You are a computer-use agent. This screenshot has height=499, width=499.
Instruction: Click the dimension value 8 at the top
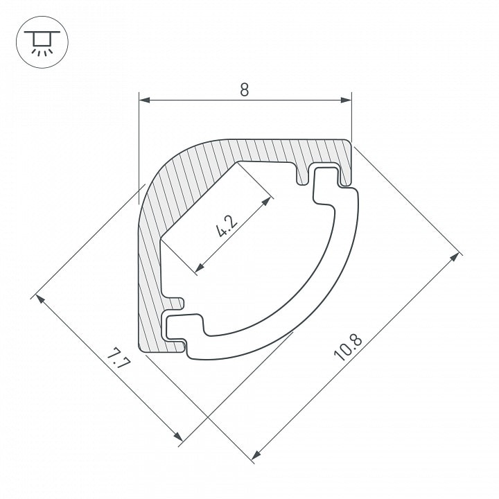click(x=245, y=89)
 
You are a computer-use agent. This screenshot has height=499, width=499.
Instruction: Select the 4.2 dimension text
click(x=227, y=226)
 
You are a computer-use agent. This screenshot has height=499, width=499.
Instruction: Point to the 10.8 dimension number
click(x=348, y=347)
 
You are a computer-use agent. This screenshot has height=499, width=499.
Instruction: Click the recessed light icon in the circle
click(x=42, y=42)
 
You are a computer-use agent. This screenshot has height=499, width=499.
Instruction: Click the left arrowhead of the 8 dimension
click(x=144, y=100)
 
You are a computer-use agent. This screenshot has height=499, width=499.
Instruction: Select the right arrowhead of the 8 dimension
click(x=346, y=100)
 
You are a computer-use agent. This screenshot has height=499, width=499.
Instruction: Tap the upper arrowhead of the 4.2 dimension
click(x=267, y=201)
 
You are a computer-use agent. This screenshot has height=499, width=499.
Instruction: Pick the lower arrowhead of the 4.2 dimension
click(x=199, y=268)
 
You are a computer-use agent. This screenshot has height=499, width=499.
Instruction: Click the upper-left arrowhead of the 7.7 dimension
click(x=40, y=299)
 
